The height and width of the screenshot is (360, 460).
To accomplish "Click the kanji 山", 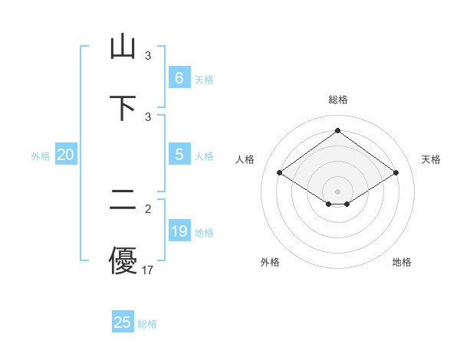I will [123, 47].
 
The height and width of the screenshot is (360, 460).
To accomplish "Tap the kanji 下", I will [123, 107].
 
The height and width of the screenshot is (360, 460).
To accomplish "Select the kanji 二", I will [123, 201].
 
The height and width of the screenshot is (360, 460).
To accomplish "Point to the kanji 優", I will [123, 260].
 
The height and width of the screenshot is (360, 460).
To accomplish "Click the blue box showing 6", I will [179, 77].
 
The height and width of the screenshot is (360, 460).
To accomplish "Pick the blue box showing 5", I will [179, 155].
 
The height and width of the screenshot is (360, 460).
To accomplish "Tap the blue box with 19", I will [179, 231].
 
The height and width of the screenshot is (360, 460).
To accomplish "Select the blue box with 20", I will [65, 155].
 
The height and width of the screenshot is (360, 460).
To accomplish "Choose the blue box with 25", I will [122, 322].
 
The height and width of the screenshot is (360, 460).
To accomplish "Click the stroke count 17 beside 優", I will [148, 270].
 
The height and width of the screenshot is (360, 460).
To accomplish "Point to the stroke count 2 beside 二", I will [148, 208].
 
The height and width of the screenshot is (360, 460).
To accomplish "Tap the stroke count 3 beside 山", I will [148, 56].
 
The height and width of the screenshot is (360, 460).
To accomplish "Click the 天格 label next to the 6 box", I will [203, 79].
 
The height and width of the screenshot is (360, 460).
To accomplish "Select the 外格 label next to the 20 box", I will [41, 156].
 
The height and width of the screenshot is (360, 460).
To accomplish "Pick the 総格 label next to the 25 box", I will [147, 324].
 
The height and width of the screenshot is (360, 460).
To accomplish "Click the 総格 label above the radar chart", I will [338, 100].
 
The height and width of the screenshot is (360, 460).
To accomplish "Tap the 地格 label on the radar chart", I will [402, 262].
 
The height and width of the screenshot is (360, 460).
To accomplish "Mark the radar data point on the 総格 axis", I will [337, 130].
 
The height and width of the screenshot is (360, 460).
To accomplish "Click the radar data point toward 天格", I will [396, 173].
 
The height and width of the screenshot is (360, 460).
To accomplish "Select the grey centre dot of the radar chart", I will [337, 191].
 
